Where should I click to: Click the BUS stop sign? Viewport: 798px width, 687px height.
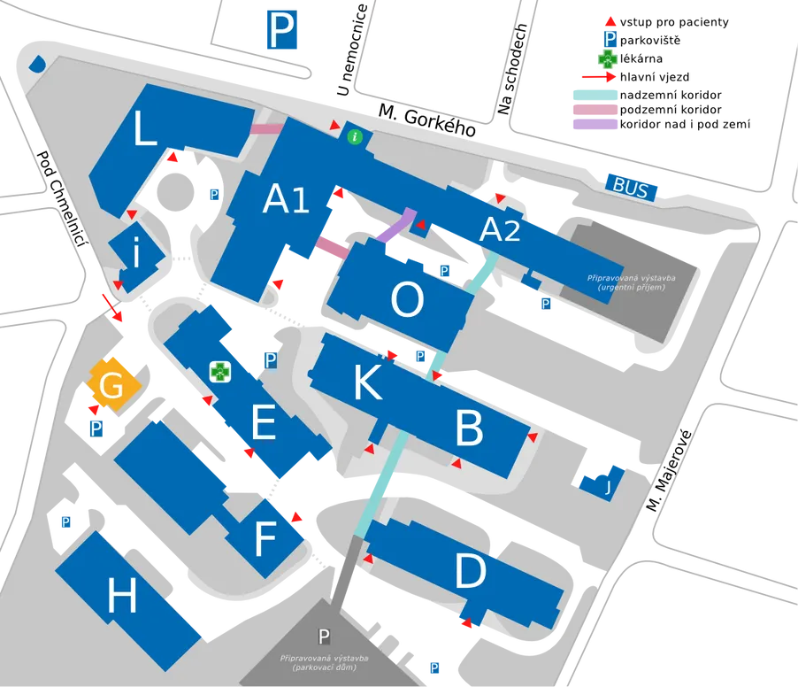(x=631, y=187)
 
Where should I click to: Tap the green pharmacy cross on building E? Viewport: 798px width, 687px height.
(x=220, y=372)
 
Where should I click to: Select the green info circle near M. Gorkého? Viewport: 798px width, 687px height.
(x=355, y=136)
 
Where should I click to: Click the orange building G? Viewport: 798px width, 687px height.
(x=112, y=384)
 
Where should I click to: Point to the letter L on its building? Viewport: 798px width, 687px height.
(x=144, y=129)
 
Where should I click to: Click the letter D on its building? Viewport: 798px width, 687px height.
(x=470, y=570)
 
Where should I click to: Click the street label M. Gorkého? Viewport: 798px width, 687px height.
(x=427, y=120)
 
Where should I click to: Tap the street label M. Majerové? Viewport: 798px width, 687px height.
(x=669, y=471)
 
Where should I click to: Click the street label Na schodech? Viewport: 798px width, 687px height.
(x=512, y=69)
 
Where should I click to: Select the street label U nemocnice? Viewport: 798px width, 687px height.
(x=352, y=50)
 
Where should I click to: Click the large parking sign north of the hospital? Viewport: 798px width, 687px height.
(x=282, y=30)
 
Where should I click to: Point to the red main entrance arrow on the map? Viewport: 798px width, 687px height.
(x=112, y=307)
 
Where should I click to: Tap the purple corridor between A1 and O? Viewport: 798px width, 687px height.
(x=397, y=225)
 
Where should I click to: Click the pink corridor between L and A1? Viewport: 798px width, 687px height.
(x=266, y=128)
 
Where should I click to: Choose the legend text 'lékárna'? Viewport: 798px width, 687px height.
(x=641, y=58)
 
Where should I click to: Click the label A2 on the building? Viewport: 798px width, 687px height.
(x=500, y=230)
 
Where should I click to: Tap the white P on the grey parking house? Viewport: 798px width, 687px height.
(x=324, y=636)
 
